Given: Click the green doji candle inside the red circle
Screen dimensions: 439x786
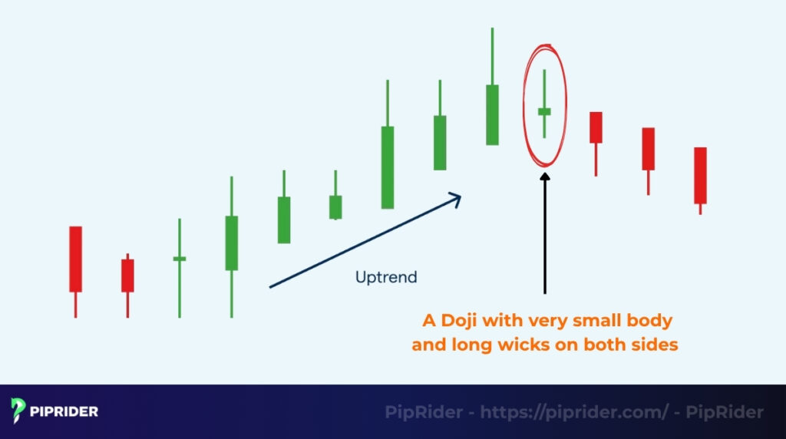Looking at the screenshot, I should coord(544,111).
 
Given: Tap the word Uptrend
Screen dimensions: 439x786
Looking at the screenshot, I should coord(386,276).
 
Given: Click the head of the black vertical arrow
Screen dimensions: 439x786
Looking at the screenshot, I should coord(545,177).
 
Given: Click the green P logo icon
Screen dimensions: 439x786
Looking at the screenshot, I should coord(18,411).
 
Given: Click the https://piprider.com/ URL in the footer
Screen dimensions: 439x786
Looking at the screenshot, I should coord(574,412).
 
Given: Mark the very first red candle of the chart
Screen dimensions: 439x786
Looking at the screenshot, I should coord(75,259).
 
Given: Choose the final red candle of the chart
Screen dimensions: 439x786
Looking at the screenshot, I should coord(700,175).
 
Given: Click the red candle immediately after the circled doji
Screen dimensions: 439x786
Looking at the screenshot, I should coord(596,127).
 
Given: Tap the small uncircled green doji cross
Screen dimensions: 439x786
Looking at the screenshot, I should coord(180,259).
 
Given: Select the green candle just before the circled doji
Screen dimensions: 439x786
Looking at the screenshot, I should coord(492,114).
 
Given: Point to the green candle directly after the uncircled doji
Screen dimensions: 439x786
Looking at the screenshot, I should coord(232,243).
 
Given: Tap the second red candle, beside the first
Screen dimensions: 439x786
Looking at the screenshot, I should coord(127,275).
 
